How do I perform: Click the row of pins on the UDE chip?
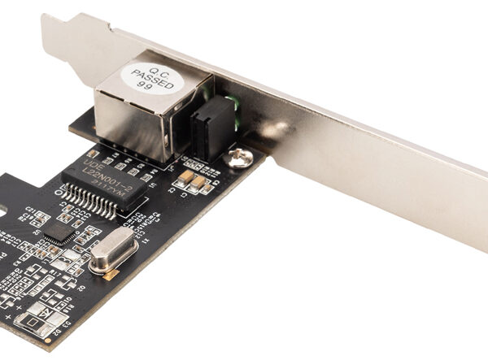coord(93,204)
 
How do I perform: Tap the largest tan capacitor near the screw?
coord(186,176)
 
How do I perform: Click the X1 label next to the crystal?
coord(146,242)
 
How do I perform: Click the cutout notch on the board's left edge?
coord(4,209)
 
